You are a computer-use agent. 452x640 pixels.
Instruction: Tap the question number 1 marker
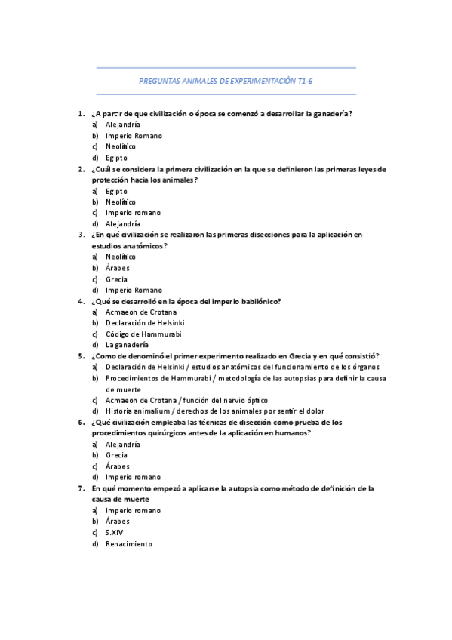81,114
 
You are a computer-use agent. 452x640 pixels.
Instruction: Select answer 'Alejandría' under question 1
122,125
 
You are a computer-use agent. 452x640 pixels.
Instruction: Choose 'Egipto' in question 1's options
116,158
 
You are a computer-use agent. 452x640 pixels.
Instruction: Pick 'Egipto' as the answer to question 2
116,191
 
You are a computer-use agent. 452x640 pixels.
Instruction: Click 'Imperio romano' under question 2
133,213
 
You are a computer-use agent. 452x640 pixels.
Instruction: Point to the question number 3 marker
81,235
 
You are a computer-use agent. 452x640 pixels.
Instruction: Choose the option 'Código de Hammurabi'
143,334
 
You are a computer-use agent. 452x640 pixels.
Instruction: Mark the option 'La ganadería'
127,345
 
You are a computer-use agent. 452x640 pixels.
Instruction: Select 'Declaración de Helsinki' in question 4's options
148,323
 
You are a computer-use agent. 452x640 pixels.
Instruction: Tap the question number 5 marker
81,355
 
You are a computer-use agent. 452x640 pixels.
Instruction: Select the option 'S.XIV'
115,533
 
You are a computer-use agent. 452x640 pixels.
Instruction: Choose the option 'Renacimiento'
128,543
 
